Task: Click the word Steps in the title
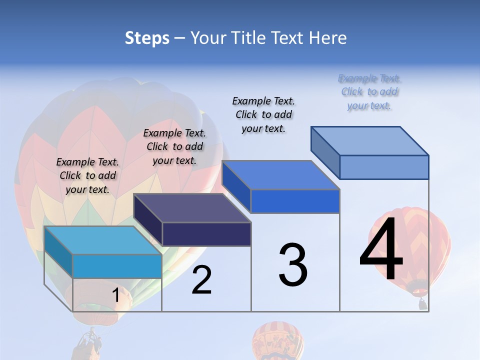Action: point(147,38)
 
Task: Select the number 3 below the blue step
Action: point(293,265)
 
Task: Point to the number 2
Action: point(201,280)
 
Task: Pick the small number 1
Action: point(115,295)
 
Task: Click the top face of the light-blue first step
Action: point(103,240)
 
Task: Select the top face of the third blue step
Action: point(281,175)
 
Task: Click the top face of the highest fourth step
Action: point(370,140)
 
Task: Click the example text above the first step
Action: point(87,175)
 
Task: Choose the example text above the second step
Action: point(174,146)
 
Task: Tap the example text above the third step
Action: point(263,114)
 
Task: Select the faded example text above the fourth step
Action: point(369,92)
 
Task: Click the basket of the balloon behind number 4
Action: point(423,303)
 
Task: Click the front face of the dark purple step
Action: point(206,234)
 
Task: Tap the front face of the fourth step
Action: point(384,167)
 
